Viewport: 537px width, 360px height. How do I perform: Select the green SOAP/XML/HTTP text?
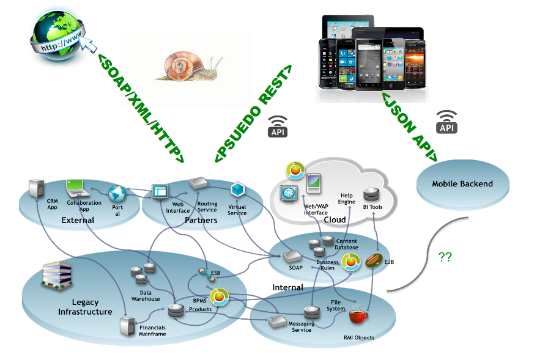click(141, 108)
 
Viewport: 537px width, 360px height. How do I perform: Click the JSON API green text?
click(409, 126)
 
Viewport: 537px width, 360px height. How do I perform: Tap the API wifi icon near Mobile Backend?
click(446, 122)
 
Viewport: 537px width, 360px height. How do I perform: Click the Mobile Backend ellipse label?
click(462, 183)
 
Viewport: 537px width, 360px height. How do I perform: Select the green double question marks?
click(445, 257)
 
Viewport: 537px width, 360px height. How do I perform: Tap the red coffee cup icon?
click(358, 316)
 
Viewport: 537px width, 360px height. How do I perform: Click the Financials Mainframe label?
click(152, 331)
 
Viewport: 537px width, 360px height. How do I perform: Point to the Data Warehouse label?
click(146, 296)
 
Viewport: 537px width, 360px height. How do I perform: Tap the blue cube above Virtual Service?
click(237, 190)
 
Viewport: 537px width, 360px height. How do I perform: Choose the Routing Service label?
click(207, 206)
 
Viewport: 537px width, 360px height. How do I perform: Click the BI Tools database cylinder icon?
click(371, 194)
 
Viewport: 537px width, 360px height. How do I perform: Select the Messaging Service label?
click(300, 326)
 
